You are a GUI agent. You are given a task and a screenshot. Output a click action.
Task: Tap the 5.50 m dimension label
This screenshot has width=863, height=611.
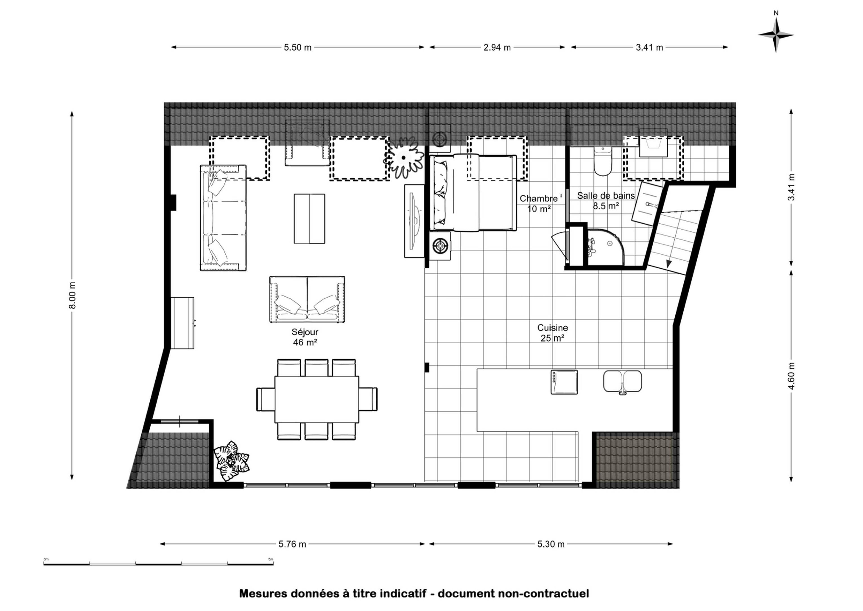[x=298, y=48]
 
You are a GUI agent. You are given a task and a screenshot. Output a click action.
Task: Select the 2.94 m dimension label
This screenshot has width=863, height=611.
[x=497, y=48]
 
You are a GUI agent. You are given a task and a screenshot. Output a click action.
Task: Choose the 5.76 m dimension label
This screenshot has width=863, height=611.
[x=292, y=544]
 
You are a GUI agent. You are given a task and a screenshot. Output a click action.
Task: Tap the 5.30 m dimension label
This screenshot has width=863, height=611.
[x=551, y=544]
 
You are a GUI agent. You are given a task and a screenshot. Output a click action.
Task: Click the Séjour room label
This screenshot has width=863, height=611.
[x=305, y=337]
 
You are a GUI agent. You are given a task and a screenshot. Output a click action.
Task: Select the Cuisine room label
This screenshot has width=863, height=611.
[x=552, y=333]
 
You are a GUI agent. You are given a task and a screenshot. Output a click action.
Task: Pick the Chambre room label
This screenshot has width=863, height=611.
[x=539, y=203]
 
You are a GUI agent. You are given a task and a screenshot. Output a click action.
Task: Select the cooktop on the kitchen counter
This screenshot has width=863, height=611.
[x=564, y=382]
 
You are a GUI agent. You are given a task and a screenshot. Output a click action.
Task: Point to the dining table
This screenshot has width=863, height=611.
[x=317, y=399]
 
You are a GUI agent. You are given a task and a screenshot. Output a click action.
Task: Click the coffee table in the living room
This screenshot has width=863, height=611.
[x=309, y=219]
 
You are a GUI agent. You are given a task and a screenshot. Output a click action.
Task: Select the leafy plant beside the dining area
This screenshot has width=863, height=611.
[x=231, y=461]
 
